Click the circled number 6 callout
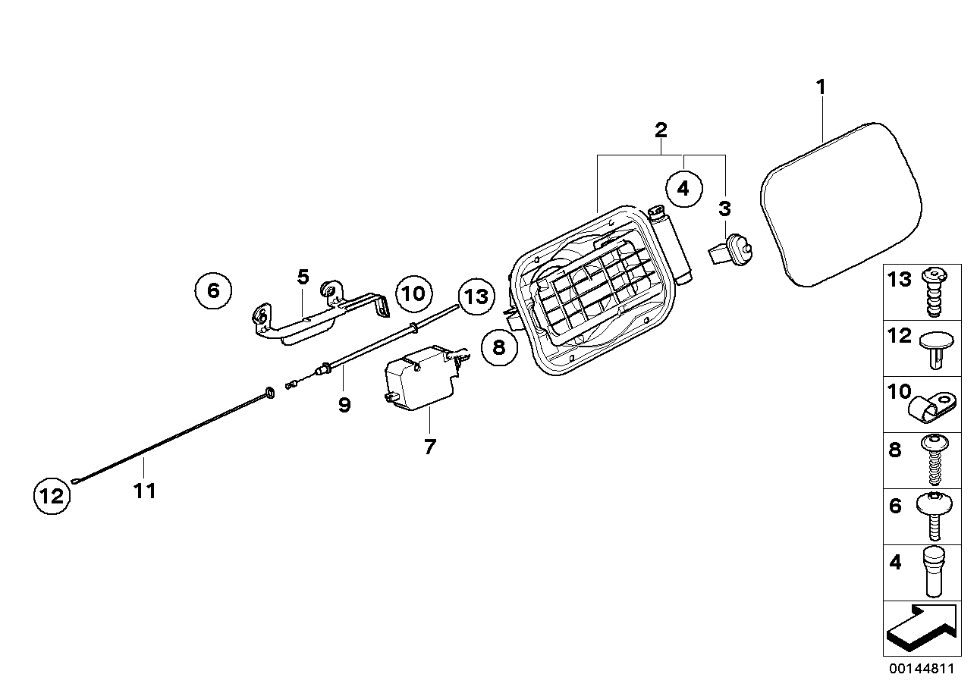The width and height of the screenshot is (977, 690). [212, 290]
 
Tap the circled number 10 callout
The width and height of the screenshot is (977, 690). [413, 293]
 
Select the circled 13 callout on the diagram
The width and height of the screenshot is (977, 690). [476, 295]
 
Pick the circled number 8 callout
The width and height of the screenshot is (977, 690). [498, 347]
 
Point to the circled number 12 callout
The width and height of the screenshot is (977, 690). [52, 497]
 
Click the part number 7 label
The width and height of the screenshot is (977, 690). [430, 447]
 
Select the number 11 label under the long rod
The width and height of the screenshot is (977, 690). [144, 491]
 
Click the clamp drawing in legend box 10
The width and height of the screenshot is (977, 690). [931, 406]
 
